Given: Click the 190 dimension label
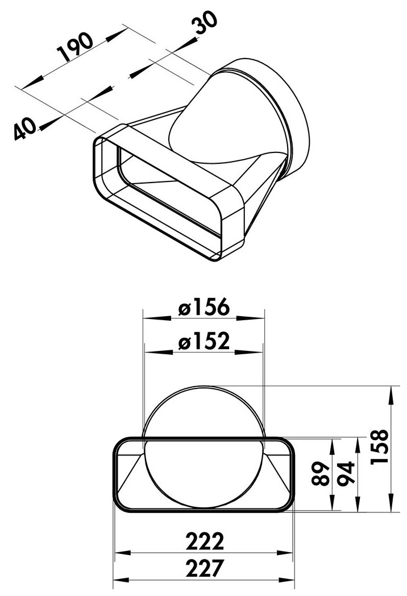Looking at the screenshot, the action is (75, 47).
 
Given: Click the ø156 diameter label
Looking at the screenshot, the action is (204, 307).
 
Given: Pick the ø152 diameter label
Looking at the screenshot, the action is (204, 341).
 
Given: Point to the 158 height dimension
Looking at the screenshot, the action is (380, 446).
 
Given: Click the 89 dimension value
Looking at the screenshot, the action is (320, 474).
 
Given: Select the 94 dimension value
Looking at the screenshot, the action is (346, 473).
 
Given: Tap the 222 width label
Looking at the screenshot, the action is (205, 541).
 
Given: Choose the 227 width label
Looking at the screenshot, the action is (205, 569).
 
